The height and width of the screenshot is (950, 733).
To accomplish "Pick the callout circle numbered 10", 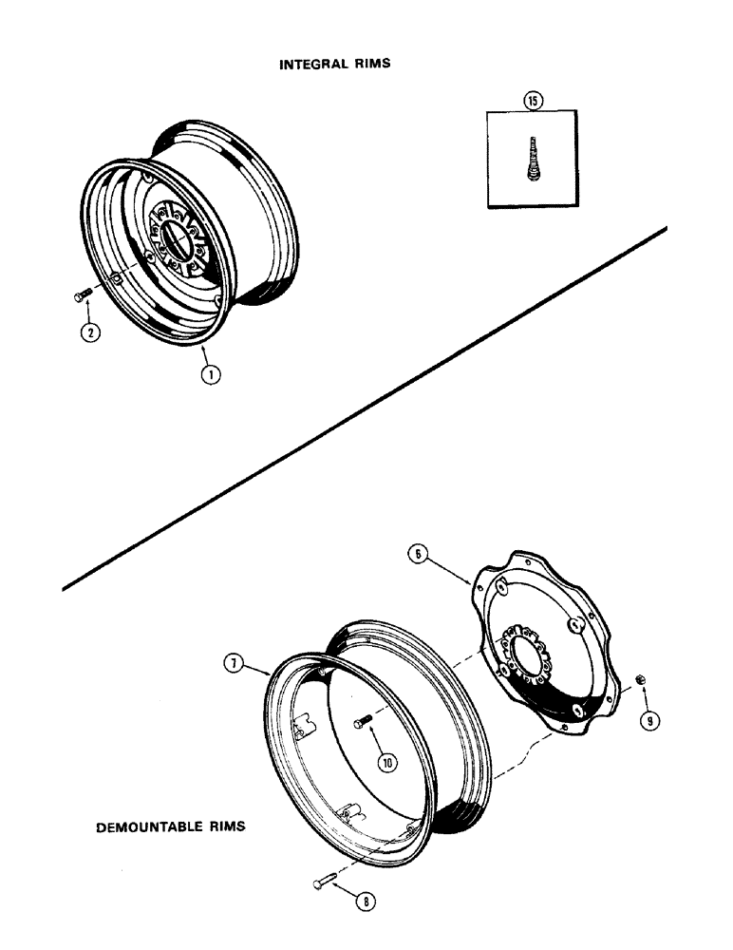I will (x=387, y=762).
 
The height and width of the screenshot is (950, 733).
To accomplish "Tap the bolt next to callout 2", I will (x=81, y=296).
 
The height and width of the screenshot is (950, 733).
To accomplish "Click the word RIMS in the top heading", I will (x=373, y=65).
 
